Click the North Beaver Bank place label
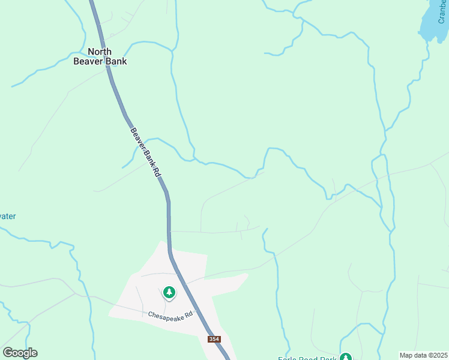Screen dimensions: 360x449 [100, 56]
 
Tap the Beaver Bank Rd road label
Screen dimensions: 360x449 [146, 152]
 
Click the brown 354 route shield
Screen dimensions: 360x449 [214, 340]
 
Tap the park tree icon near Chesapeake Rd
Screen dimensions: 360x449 [169, 293]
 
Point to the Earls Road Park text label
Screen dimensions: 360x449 [307, 359]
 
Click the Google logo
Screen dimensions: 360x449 [20, 353]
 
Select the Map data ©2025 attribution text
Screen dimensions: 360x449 [423, 355]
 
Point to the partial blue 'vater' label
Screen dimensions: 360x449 [7, 216]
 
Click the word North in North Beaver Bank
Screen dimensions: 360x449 [100, 52]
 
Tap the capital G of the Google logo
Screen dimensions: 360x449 [8, 353]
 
